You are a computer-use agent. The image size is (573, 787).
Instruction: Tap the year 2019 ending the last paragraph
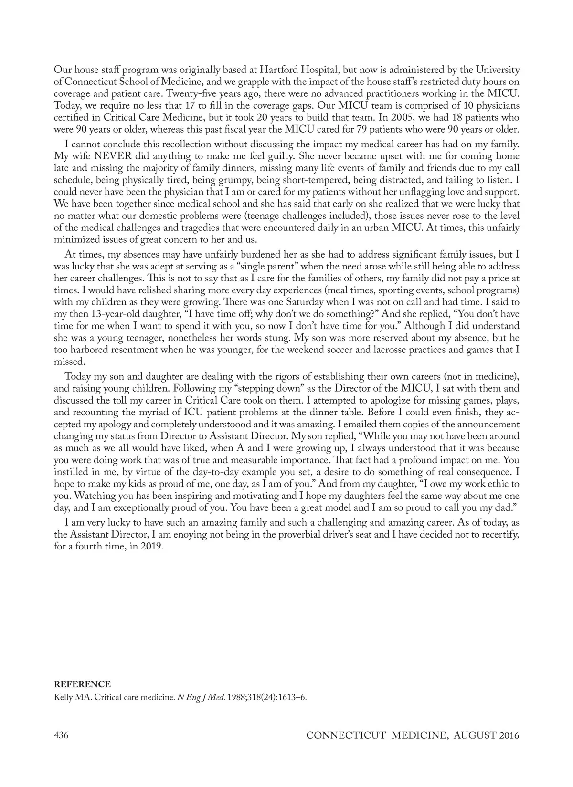click(153, 547)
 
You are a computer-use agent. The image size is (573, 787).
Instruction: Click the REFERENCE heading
click(82, 684)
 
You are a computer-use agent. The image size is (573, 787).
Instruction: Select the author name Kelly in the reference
click(64, 698)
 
